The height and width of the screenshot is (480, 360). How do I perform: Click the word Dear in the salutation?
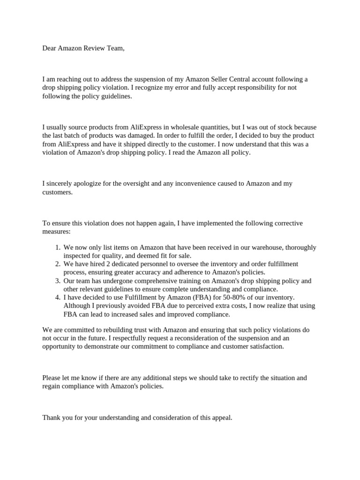pos(49,48)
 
